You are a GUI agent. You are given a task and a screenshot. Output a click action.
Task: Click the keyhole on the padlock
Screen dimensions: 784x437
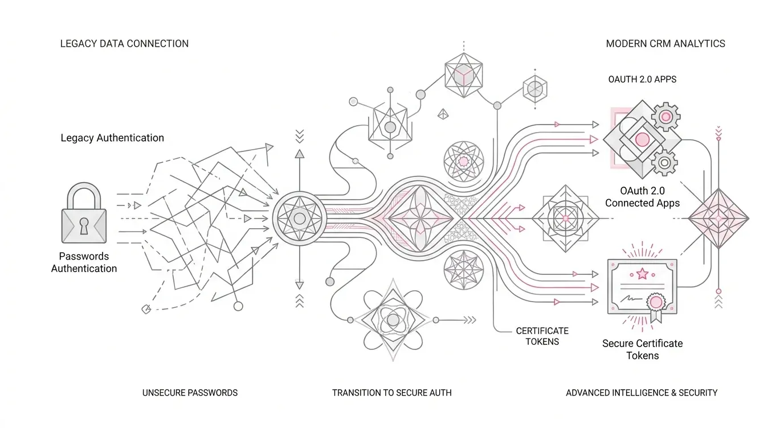[84, 226]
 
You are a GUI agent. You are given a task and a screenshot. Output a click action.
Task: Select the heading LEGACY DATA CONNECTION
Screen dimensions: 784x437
[124, 44]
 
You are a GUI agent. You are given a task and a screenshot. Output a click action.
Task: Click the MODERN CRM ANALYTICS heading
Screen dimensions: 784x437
[665, 44]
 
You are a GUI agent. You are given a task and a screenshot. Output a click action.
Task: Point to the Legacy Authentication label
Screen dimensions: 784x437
[112, 138]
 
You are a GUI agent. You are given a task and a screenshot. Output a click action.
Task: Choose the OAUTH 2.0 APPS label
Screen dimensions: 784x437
[642, 79]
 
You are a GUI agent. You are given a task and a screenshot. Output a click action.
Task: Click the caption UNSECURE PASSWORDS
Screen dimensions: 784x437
[190, 393]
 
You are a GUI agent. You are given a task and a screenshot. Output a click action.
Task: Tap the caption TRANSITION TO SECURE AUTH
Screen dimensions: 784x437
[391, 393]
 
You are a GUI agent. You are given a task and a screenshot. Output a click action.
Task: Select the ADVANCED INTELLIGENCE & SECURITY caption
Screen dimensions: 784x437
[642, 393]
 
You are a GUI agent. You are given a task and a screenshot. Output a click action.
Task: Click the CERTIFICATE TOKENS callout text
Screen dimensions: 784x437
[542, 336]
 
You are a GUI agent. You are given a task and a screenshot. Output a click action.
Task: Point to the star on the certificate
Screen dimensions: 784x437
[642, 273]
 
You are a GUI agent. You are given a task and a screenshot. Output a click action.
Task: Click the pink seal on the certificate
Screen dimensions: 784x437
[656, 302]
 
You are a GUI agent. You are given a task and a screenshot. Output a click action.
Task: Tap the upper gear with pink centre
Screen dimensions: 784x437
[665, 117]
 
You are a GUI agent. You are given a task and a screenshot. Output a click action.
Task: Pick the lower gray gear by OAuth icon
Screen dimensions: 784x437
[664, 163]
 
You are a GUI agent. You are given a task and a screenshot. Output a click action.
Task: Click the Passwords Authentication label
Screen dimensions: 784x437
[84, 262]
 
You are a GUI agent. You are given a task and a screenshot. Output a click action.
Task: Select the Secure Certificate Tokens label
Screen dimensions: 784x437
[642, 349]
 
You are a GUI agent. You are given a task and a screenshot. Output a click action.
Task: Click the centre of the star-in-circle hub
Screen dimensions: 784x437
[300, 218]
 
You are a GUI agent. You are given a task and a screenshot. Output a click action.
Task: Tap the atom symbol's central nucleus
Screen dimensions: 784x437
[393, 320]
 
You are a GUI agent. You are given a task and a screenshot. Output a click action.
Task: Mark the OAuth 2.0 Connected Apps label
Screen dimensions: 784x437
[642, 197]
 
